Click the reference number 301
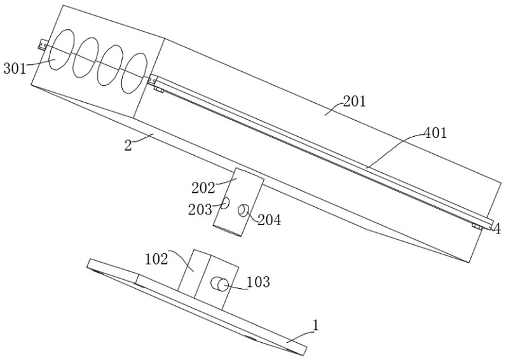14,68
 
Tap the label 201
354,101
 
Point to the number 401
435,134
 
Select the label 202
203,188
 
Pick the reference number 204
270,220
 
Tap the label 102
156,260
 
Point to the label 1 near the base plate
316,326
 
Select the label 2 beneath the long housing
128,144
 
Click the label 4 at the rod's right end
497,229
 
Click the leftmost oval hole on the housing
60,52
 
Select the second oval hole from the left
85,57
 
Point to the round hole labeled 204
243,211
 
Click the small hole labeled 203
225,204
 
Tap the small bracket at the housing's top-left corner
43,44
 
